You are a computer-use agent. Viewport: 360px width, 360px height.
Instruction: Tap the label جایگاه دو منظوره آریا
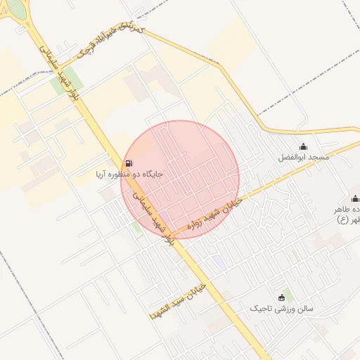(130, 174)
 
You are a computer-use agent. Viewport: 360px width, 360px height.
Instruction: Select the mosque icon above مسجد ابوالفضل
(303, 147)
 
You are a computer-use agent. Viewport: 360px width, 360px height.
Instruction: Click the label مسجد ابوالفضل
(304, 157)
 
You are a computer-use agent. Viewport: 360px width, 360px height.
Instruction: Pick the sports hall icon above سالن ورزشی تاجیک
(283, 297)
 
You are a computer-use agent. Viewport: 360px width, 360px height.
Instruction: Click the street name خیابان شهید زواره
(214, 214)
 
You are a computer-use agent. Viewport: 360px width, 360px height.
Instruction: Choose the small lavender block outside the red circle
(219, 262)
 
